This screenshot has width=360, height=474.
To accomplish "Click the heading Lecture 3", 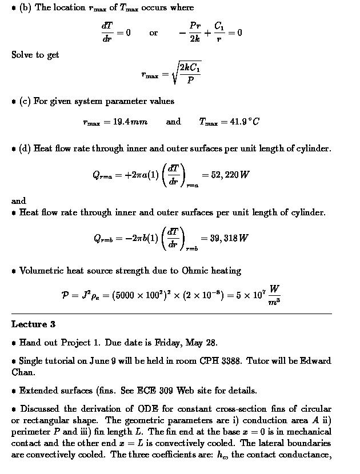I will point(33,324).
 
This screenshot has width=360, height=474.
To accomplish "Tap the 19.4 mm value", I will point(115,122).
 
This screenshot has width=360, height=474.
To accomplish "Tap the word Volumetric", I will point(42,271).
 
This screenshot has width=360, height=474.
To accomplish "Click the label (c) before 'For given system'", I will point(25,102).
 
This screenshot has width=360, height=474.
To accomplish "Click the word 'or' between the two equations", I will point(154,33).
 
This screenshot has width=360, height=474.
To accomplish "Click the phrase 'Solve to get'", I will point(35,55).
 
